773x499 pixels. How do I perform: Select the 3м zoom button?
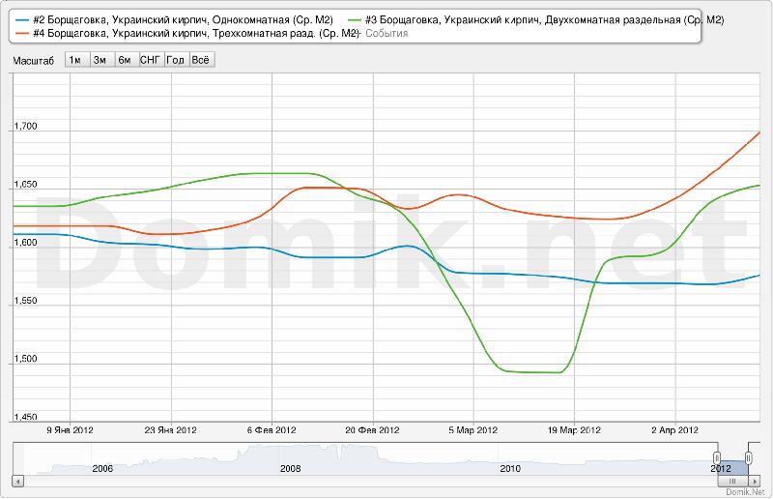coord(100,60)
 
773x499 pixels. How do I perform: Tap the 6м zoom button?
coord(125,60)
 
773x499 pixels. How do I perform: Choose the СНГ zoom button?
coord(151,60)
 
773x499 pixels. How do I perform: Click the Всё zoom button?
coord(201,60)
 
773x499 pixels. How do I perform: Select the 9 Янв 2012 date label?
coord(70,430)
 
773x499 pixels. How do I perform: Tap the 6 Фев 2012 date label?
coord(271,430)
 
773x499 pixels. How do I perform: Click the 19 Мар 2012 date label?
coord(576,430)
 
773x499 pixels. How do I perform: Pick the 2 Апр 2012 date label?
coord(674,430)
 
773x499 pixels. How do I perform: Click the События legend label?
coord(386,34)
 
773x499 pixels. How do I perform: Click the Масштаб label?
coord(34,60)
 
